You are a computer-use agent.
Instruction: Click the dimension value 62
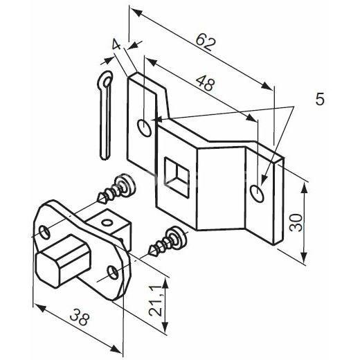click(206, 42)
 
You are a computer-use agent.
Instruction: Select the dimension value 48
click(205, 84)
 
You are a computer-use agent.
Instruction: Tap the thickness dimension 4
click(116, 44)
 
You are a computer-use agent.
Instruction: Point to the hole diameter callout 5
click(320, 99)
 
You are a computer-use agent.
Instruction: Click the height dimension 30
click(296, 223)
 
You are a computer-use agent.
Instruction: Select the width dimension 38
click(79, 317)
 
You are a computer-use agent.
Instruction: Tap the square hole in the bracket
click(177, 177)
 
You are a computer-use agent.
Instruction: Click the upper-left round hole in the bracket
click(145, 128)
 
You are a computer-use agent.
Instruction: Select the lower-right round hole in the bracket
click(257, 194)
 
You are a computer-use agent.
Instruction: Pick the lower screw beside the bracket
click(168, 241)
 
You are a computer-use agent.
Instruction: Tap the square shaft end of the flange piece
click(62, 261)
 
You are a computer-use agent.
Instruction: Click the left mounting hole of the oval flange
click(44, 233)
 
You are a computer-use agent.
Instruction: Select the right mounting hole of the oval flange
click(114, 272)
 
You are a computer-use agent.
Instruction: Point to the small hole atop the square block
click(107, 223)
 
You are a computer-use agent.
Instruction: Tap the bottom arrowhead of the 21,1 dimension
click(165, 327)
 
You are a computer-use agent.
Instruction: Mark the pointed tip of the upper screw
click(97, 201)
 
